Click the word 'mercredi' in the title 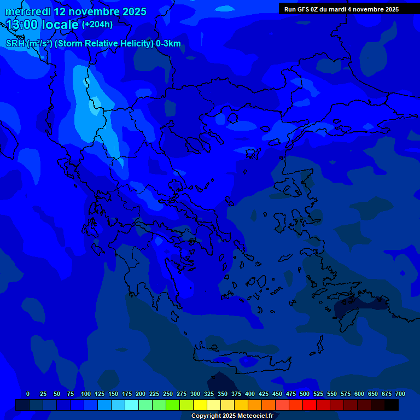click(28, 11)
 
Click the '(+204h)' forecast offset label click(97, 25)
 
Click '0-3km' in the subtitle click(168, 44)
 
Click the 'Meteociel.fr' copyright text click(254, 416)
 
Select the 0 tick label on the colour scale click(28, 394)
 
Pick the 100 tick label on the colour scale click(85, 394)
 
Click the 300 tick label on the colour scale click(195, 394)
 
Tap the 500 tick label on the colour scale click(305, 394)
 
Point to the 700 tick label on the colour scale click(400, 394)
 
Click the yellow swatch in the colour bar click(200, 405)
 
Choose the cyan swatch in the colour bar click(132, 405)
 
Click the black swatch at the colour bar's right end click(392, 405)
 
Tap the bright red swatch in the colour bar click(310, 405)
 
